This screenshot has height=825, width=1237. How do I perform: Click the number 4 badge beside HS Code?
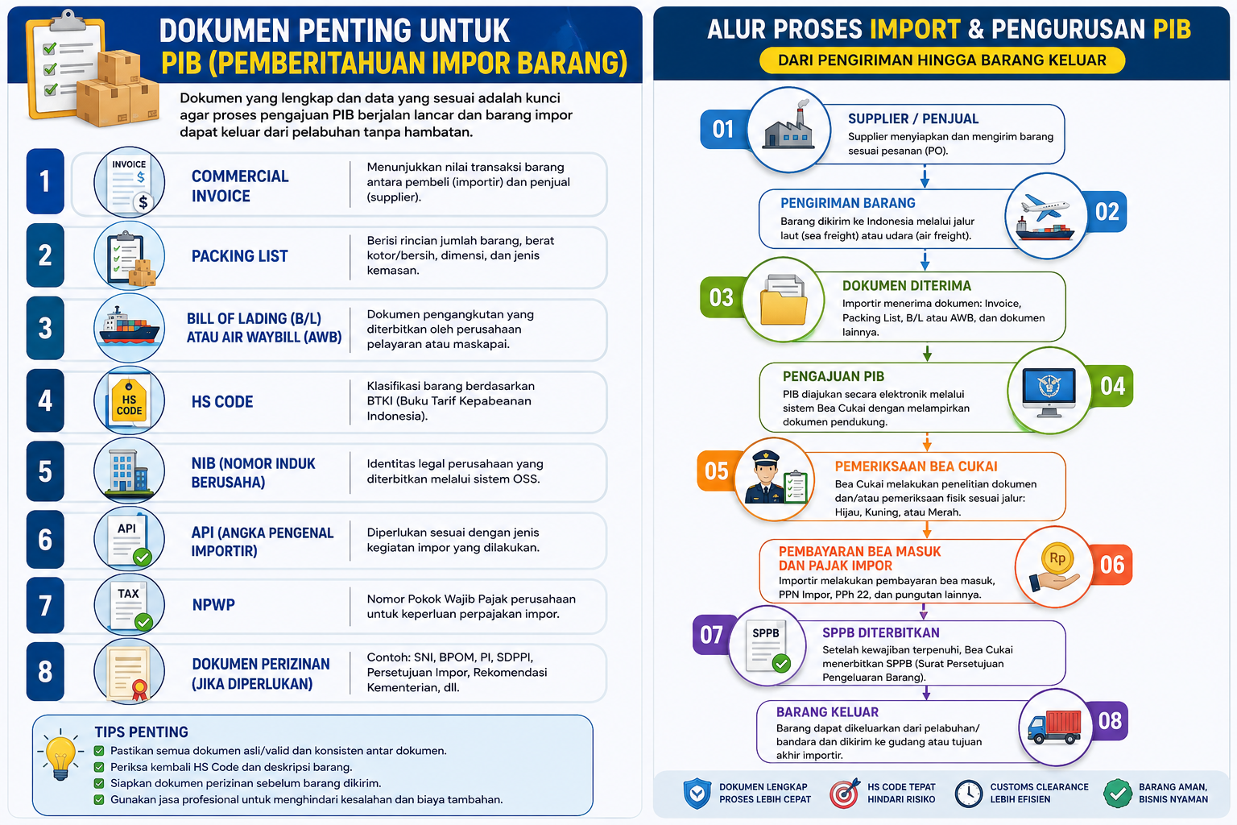click(45, 400)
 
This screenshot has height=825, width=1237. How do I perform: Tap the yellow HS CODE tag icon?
click(129, 403)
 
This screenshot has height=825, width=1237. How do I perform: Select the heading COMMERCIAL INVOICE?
click(240, 186)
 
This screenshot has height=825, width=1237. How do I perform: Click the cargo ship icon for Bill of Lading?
click(129, 326)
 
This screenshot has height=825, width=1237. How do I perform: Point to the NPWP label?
click(213, 604)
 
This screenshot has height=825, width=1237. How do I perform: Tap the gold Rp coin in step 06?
click(1057, 558)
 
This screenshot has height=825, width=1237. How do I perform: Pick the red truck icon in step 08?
click(1054, 727)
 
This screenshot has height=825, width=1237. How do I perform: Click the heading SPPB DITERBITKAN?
click(881, 632)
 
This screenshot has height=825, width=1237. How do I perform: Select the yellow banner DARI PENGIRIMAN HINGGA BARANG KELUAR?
click(942, 60)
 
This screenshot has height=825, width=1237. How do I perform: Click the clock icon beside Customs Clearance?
click(969, 794)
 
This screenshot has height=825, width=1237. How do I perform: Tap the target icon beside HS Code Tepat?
click(844, 794)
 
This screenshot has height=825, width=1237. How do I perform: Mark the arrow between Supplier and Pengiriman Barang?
click(925, 176)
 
